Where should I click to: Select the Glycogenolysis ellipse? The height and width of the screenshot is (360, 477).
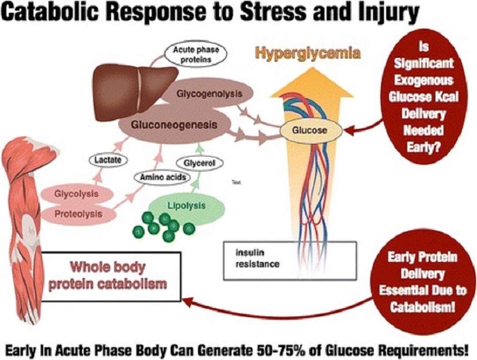210,94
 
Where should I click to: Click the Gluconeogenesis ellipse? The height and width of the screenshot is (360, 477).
175,124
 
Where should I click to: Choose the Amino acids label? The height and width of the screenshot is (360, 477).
160,177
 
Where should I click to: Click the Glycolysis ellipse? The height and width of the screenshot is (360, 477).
76,194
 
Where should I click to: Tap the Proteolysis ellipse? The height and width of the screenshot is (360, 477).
78,214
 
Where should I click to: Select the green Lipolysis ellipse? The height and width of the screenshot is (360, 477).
186,206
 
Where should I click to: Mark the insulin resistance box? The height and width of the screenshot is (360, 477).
289,260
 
